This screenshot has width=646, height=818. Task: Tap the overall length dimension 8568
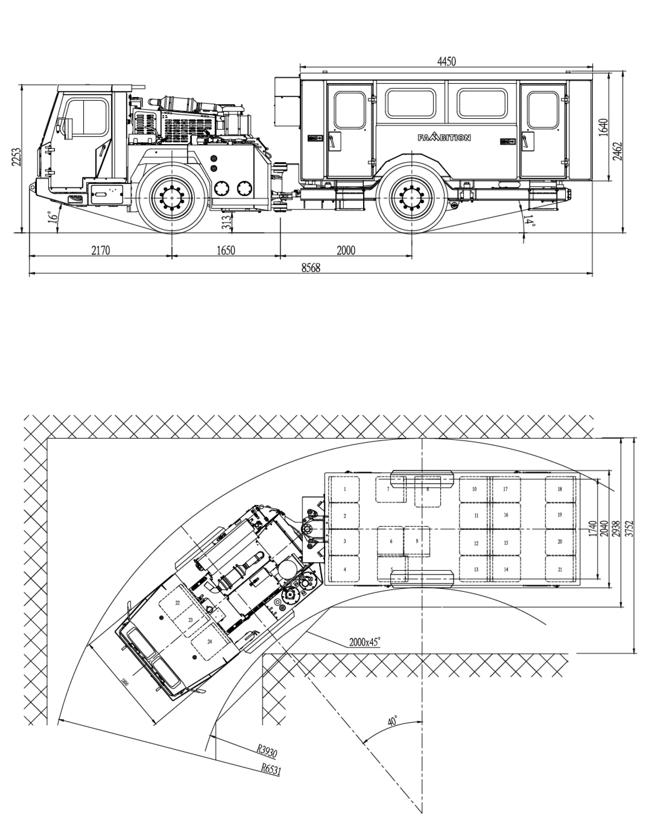click(x=311, y=268)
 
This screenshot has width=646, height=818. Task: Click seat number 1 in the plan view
click(x=345, y=489)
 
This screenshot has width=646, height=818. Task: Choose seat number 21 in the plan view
click(x=560, y=569)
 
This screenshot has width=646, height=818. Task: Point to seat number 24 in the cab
click(x=210, y=642)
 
